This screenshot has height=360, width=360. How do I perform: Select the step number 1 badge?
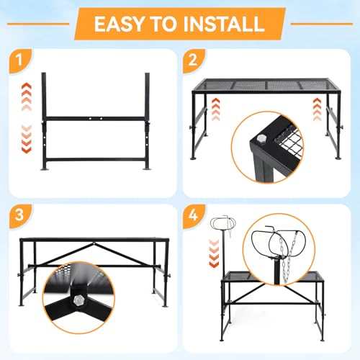20,60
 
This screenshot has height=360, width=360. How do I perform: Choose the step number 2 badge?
194,60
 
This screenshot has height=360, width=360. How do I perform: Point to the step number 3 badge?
19,215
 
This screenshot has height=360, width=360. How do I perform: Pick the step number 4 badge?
194,215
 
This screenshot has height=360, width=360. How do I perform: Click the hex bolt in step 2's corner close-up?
260,139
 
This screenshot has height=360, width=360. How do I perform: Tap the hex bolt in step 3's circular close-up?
78,300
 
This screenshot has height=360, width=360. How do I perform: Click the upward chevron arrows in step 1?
27,96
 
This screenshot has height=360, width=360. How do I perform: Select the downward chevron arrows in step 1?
27,139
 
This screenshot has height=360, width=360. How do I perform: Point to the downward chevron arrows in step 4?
214,253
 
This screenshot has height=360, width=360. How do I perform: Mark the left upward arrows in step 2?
216,109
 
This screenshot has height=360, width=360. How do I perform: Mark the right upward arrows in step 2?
318,109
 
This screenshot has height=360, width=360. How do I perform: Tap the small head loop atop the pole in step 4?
223,224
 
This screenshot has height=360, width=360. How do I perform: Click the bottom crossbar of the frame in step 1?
96,160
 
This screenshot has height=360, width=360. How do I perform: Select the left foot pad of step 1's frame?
44,169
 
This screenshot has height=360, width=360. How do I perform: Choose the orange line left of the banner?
38,24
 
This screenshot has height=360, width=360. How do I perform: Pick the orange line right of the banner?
322,24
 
